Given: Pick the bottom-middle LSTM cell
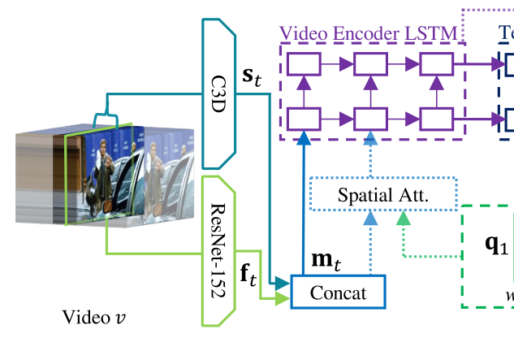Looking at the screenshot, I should [371, 119].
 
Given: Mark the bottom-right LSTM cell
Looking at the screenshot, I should [436, 119].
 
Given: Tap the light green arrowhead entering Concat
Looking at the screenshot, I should [283, 300].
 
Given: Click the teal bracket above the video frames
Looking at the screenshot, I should [106, 118].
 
